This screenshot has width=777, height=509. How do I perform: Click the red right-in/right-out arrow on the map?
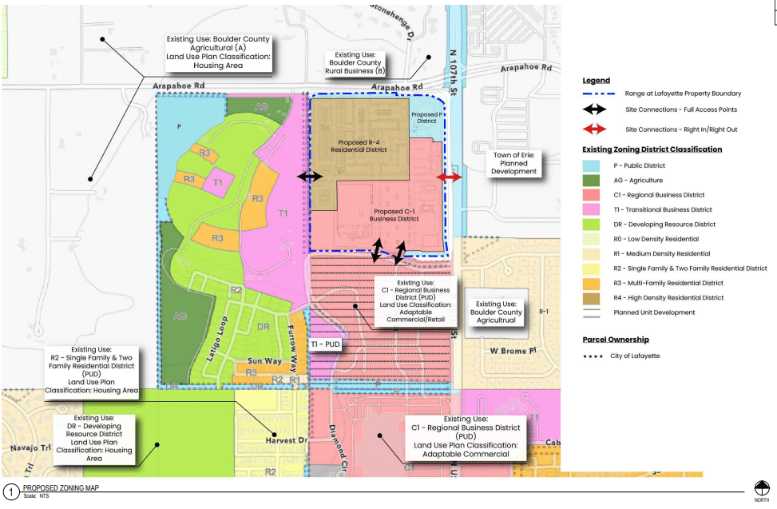tap(449, 177)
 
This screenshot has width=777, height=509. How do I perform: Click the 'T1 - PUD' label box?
tap(326, 344)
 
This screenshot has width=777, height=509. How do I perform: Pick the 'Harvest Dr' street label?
tap(286, 440)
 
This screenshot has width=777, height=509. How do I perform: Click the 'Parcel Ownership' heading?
tap(616, 340)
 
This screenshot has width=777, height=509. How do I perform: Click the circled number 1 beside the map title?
tap(10, 491)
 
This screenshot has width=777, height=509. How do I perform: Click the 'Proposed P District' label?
tap(424, 117)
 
